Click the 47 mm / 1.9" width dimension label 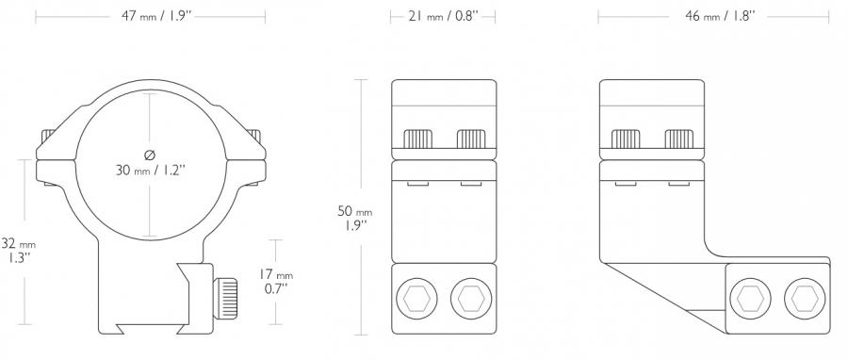[156, 16]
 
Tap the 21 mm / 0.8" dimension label [443, 16]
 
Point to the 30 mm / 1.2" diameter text [151, 171]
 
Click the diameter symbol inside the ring [150, 155]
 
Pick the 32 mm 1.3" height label [19, 251]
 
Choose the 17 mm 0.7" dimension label [276, 282]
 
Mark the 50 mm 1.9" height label [355, 218]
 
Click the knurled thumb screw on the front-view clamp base [225, 298]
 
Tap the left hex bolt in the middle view [416, 298]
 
